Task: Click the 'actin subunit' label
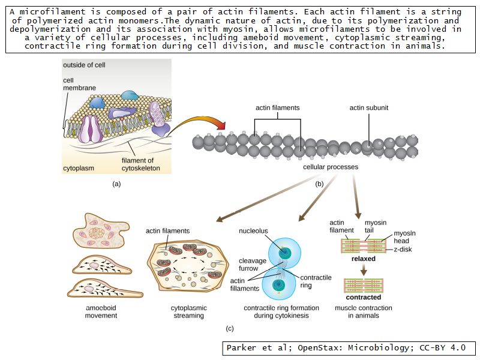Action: (369, 108)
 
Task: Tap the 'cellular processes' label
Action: (330, 167)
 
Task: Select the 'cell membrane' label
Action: (76, 84)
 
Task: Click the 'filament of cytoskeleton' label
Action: (137, 164)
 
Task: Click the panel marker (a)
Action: (116, 184)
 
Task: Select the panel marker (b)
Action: (319, 184)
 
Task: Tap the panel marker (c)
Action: (229, 328)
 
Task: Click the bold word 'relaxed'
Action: (364, 259)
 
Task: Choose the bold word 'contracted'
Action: (364, 297)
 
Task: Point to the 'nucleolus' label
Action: (253, 230)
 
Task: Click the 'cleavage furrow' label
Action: (249, 265)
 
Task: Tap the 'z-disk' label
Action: (402, 249)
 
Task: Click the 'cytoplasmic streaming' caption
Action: (188, 311)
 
